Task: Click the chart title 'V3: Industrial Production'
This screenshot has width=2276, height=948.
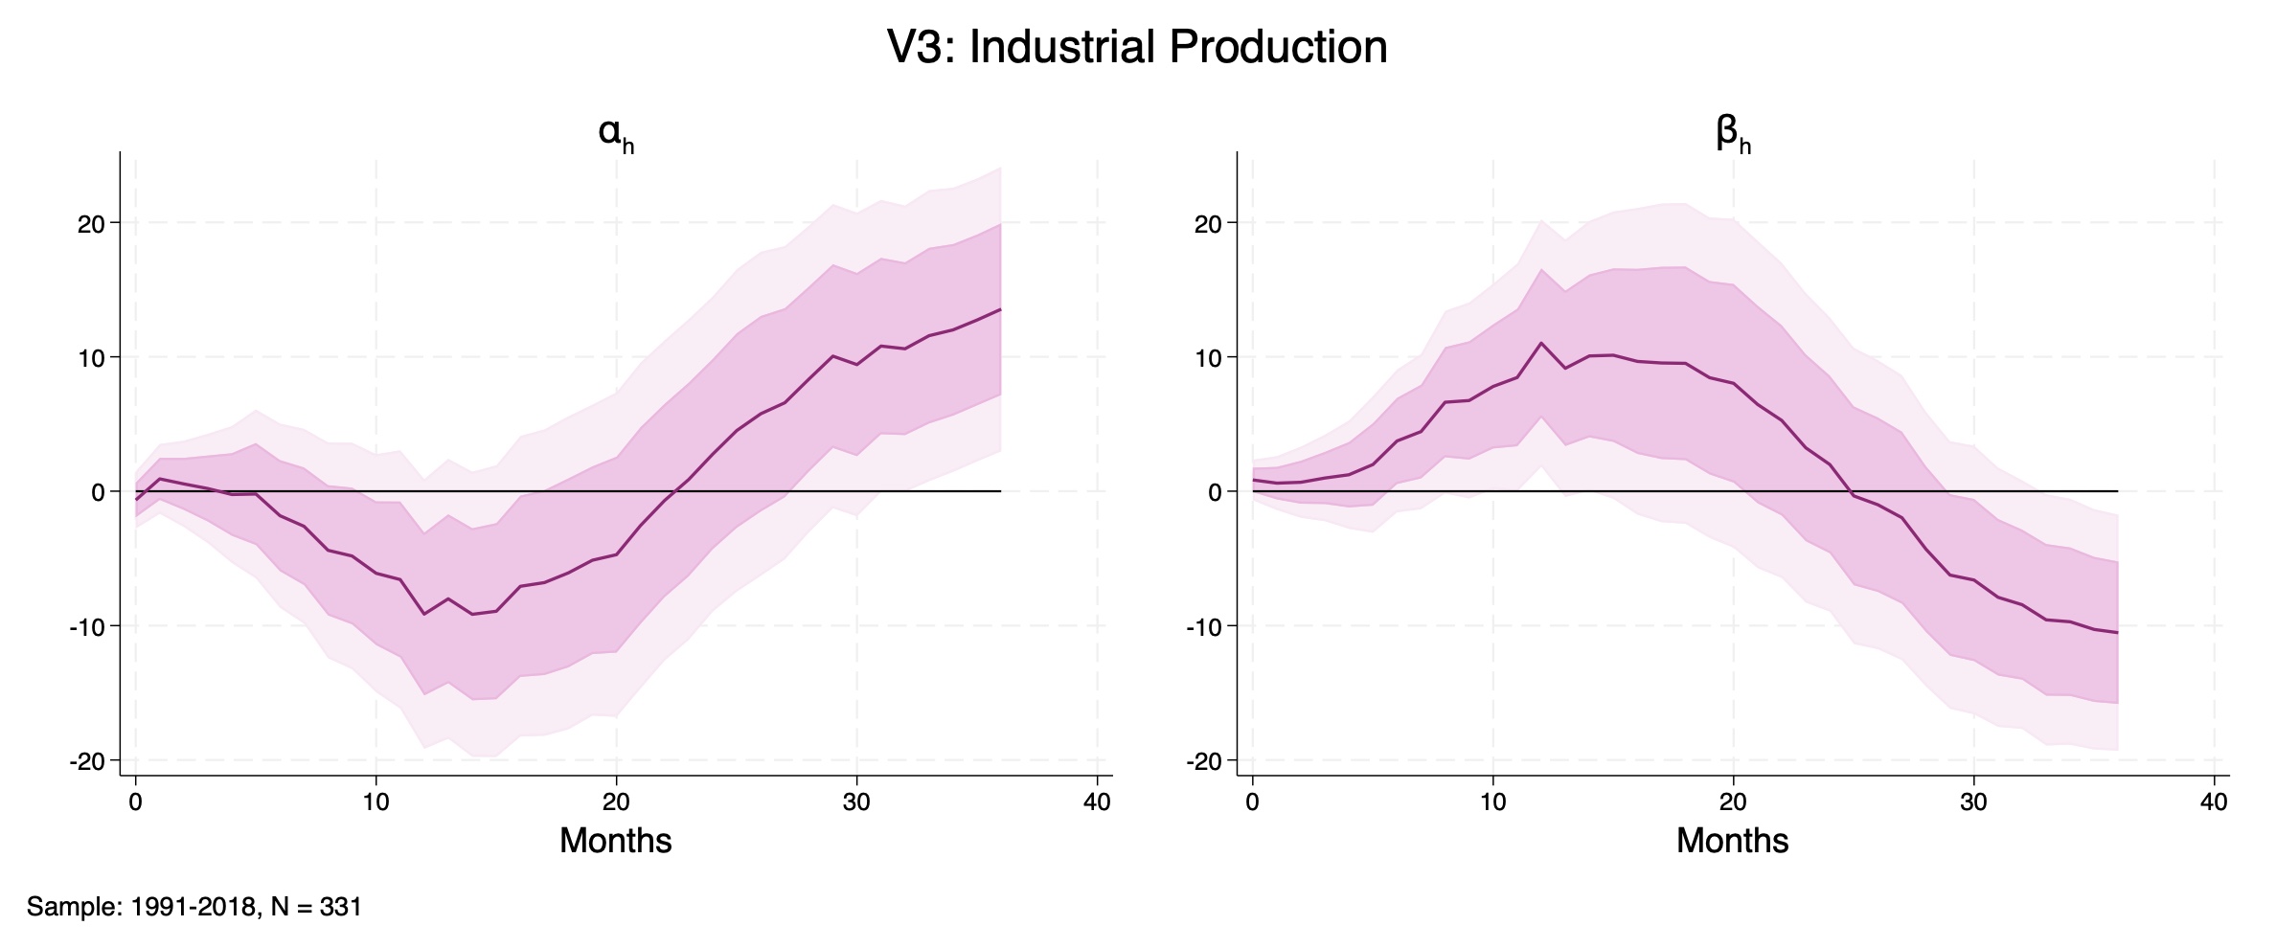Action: coord(1137,47)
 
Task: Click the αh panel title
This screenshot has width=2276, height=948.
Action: coord(615,134)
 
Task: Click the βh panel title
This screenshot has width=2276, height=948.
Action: coord(1732,134)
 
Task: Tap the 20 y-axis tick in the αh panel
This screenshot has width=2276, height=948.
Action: coord(92,224)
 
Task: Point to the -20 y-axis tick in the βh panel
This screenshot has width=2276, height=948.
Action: coord(1203,761)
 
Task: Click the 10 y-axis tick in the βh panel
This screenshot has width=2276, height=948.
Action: coord(1209,358)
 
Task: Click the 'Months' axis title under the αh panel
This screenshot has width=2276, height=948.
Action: coord(615,841)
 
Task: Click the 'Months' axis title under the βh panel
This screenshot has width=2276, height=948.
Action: coord(1732,841)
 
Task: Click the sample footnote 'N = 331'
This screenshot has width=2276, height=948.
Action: coord(316,907)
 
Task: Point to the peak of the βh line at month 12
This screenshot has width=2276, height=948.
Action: coord(1541,343)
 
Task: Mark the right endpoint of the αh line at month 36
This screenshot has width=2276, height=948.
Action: coord(1001,309)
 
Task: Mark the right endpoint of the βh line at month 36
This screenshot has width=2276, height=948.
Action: coord(2117,633)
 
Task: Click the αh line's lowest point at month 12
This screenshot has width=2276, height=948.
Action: coord(424,614)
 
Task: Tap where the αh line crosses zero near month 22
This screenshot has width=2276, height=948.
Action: coord(676,491)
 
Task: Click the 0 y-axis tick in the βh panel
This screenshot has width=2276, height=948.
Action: coord(1215,492)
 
